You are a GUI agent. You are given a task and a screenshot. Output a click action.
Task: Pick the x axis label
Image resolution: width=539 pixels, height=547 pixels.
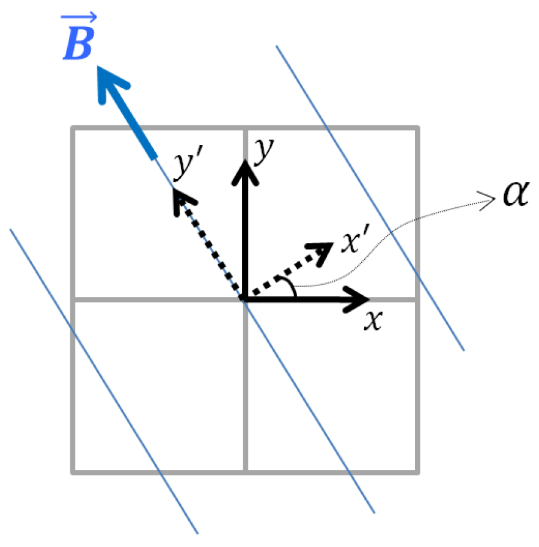372,320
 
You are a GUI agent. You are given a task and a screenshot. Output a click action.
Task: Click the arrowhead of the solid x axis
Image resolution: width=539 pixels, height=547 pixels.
361,299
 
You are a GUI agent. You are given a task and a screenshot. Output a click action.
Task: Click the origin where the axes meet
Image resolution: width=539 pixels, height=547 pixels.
245,299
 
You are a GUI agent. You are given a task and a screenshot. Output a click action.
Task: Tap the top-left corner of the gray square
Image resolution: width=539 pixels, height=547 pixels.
73,128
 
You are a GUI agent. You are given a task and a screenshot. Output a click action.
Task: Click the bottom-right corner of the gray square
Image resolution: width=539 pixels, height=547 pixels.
419,472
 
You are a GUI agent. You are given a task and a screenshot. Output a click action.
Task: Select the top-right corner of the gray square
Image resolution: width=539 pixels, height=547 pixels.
419,128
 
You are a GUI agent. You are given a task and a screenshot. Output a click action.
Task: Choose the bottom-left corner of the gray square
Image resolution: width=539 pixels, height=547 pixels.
73,472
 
